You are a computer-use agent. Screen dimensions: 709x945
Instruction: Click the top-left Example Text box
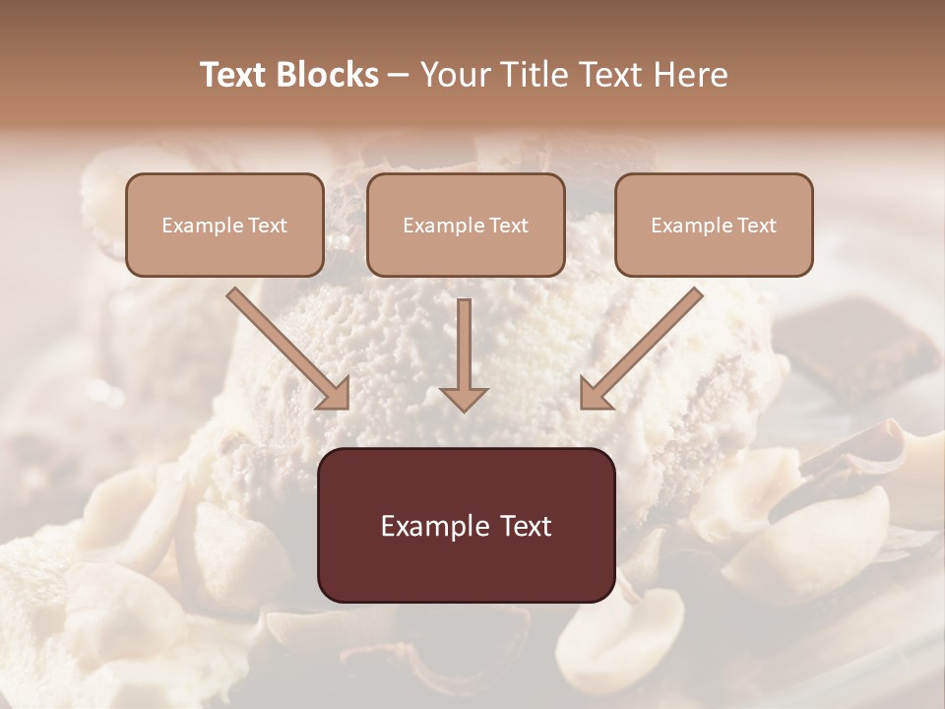coord(224,225)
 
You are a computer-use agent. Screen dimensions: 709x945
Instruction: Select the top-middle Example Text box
coord(466,225)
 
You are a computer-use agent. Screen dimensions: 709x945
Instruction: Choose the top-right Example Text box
coord(714,225)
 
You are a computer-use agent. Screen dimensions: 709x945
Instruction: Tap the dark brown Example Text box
coord(466,525)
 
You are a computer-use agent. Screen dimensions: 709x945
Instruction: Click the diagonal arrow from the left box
coord(285,347)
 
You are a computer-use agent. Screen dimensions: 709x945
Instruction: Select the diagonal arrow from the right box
coord(644,347)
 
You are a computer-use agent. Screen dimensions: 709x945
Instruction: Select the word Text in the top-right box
coord(756,226)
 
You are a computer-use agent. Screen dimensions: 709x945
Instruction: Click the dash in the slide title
coord(399,76)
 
